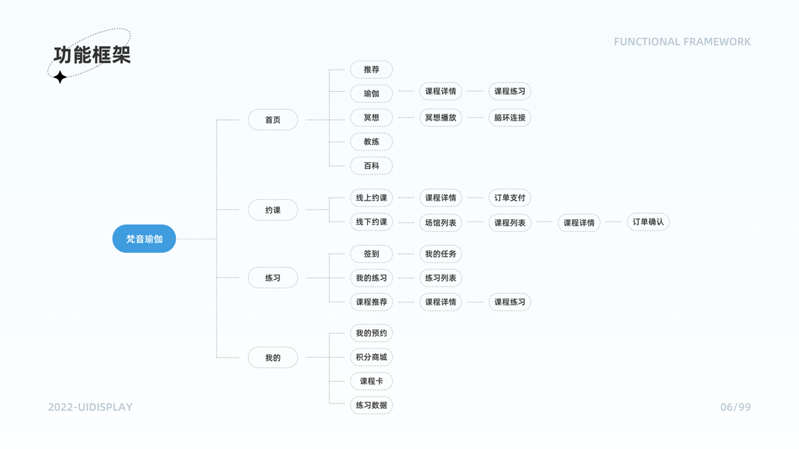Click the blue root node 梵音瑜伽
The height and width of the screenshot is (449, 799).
(144, 239)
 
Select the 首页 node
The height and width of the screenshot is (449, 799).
(273, 120)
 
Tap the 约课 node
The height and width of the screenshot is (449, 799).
(273, 210)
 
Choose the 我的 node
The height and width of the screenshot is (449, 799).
(273, 358)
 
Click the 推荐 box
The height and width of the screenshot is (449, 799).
(371, 70)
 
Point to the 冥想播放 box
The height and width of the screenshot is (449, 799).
(440, 117)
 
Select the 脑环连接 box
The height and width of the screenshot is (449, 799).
(510, 117)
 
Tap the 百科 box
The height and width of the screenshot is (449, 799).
(371, 165)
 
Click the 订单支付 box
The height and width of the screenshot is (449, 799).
(510, 198)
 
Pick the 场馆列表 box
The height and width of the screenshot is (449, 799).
(440, 222)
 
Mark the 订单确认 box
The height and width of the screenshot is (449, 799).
(648, 222)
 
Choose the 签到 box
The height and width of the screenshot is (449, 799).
(371, 254)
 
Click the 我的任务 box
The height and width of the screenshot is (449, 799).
(440, 254)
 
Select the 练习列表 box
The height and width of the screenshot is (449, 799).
(440, 278)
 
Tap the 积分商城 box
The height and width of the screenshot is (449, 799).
(371, 357)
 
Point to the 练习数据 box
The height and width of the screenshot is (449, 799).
(371, 405)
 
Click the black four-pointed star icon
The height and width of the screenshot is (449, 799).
(60, 76)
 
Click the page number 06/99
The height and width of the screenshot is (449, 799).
(735, 407)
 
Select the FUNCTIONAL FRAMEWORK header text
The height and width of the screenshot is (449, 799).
(681, 42)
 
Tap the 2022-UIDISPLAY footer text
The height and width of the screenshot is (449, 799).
(90, 407)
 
